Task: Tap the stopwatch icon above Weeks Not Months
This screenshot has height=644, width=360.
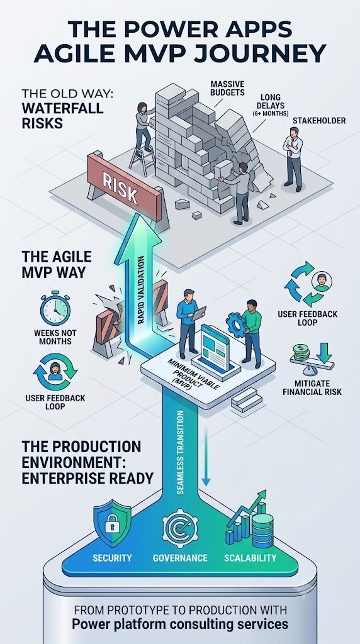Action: (55, 308)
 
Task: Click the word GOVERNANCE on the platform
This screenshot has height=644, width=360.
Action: (180, 558)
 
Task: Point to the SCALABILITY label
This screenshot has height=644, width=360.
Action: (250, 558)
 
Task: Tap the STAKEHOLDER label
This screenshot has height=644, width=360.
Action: (319, 121)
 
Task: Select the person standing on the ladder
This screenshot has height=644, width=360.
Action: (144, 125)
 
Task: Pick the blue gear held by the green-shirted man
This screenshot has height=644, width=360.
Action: (236, 325)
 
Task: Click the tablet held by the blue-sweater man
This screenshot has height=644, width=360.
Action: (200, 313)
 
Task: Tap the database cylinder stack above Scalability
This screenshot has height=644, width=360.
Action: (262, 530)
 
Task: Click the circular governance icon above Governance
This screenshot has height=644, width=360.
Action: (180, 528)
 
